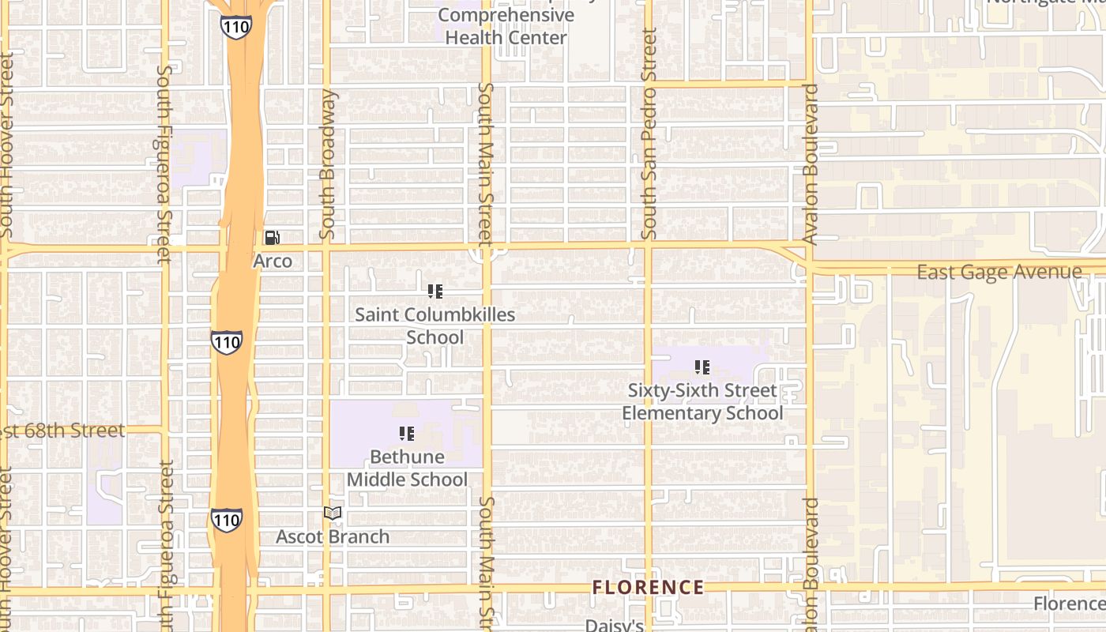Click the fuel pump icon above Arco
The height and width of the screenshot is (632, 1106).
point(272,237)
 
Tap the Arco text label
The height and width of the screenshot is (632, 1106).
point(273,261)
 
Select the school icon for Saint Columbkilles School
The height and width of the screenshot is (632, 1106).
point(434,292)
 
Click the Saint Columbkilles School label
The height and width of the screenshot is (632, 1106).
point(434,325)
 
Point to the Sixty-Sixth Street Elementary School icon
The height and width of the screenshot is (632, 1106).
point(702,367)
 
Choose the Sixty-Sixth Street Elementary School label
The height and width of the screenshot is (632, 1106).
point(702,401)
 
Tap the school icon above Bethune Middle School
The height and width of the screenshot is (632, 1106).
point(407,433)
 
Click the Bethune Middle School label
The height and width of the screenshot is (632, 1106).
point(407,468)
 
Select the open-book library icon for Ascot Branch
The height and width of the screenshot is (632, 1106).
point(333,513)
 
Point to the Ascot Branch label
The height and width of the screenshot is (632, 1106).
point(333,536)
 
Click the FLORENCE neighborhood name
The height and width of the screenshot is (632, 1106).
point(648,587)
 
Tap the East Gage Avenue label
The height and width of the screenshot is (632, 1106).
point(999,273)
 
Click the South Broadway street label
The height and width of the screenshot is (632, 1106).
point(328,164)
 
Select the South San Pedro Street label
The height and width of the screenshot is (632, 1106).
point(649,134)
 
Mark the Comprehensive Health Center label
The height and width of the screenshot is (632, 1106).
point(506,26)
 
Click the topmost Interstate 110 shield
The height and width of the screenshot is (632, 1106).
point(236,27)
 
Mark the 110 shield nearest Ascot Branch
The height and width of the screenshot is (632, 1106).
point(227,520)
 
